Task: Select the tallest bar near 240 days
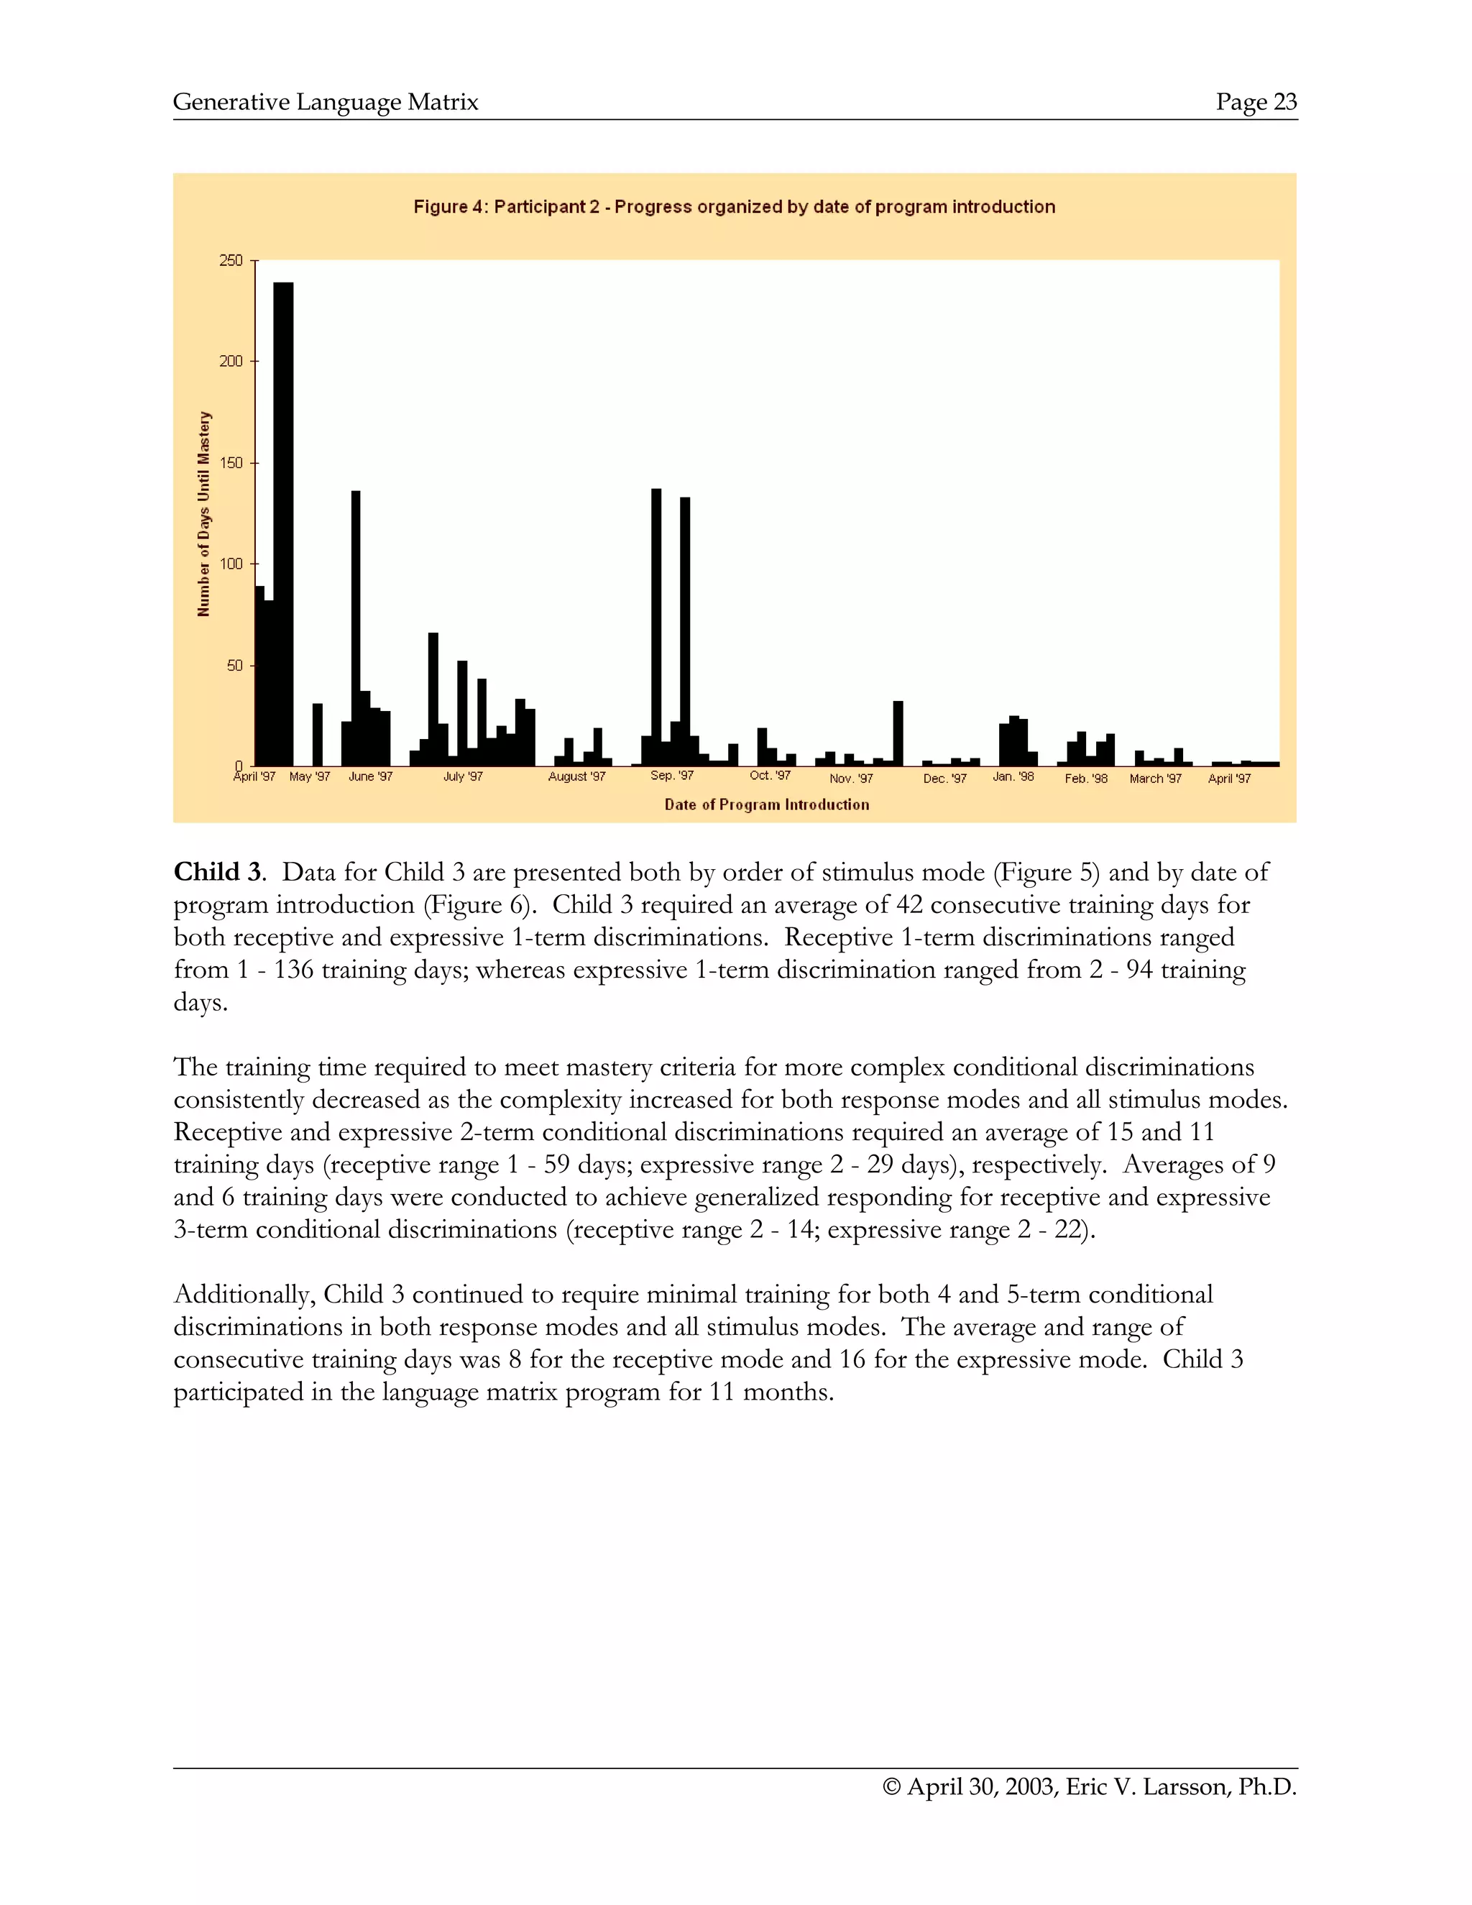click(x=283, y=523)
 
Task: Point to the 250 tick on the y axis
click(x=232, y=261)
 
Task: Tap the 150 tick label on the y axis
click(x=232, y=463)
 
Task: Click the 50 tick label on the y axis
click(x=234, y=666)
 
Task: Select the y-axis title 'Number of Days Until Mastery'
click(x=204, y=514)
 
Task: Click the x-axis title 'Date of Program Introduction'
click(x=766, y=804)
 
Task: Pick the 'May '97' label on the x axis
click(x=310, y=776)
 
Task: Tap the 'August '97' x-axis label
click(x=576, y=776)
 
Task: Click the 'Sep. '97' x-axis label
click(x=672, y=776)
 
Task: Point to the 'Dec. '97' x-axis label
click(x=945, y=778)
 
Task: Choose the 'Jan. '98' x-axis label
click(x=1013, y=776)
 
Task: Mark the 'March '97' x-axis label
click(x=1156, y=778)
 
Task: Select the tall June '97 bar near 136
click(x=356, y=628)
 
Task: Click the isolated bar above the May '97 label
click(x=318, y=735)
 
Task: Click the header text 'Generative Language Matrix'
click(x=326, y=102)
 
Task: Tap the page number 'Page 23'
click(x=1256, y=102)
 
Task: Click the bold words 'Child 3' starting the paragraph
click(x=217, y=872)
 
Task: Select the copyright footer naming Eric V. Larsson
click(x=1090, y=1786)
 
